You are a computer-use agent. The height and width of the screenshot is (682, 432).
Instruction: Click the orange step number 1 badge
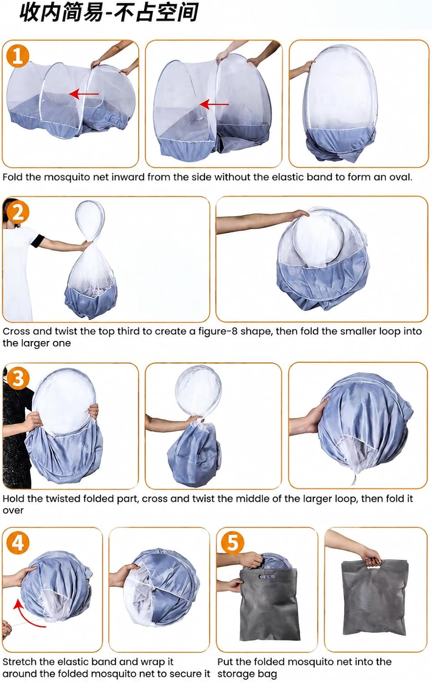[18, 56]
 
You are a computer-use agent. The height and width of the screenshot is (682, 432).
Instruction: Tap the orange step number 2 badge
[18, 212]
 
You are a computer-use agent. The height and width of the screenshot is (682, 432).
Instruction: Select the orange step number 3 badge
[18, 378]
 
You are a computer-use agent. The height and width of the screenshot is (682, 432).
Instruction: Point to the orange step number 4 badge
[18, 543]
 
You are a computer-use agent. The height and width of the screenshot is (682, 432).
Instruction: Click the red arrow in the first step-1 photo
[84, 94]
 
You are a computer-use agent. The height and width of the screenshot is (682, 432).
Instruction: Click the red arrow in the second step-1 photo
[214, 104]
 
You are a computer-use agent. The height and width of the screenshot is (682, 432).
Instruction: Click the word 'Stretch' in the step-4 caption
[19, 662]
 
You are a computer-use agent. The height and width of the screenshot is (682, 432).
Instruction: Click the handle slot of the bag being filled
[267, 577]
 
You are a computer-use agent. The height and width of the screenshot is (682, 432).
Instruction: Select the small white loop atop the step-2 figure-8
[90, 219]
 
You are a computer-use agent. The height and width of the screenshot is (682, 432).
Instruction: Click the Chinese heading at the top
[109, 12]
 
